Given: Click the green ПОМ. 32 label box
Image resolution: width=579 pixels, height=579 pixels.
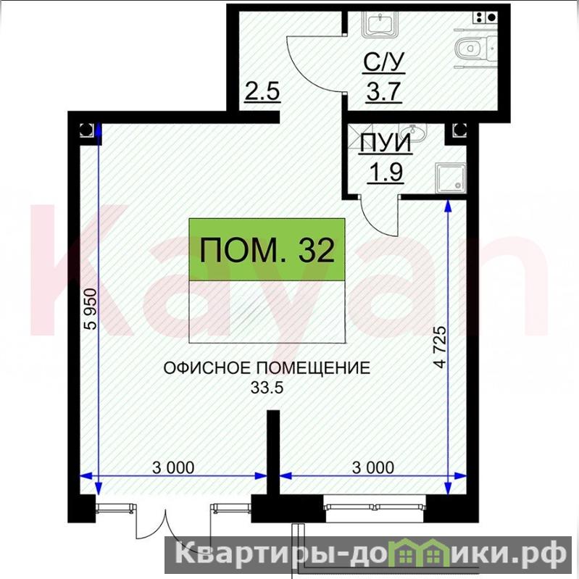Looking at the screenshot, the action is tap(267, 249).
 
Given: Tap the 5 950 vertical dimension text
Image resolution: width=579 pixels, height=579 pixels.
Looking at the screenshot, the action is tap(91, 309).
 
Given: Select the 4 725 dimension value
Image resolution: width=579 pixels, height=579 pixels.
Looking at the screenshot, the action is tap(441, 347).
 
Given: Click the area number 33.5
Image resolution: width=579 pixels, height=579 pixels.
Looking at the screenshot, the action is tap(267, 388).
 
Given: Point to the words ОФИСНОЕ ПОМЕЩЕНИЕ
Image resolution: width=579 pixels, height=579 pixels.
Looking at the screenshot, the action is tap(267, 368).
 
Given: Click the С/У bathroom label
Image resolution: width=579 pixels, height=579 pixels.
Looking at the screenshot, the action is tap(383, 62).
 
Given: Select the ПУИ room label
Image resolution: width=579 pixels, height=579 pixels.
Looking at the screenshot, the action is tap(386, 143).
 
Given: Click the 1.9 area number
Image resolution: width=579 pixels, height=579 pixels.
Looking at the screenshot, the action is tap(386, 172).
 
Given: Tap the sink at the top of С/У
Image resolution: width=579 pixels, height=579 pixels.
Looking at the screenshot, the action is tap(380, 25).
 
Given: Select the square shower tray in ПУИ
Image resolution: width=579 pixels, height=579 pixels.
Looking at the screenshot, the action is tap(451, 178).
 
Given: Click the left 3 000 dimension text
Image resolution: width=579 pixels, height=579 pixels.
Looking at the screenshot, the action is tap(173, 467).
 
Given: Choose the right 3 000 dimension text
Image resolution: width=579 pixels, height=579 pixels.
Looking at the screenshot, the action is tap(373, 467).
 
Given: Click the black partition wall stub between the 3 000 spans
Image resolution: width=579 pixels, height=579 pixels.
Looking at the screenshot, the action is tap(273, 452).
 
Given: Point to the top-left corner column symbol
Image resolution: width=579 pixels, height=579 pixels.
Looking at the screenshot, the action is tap(87, 130).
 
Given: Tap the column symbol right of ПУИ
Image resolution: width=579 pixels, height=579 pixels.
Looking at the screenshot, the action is tap(459, 130).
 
